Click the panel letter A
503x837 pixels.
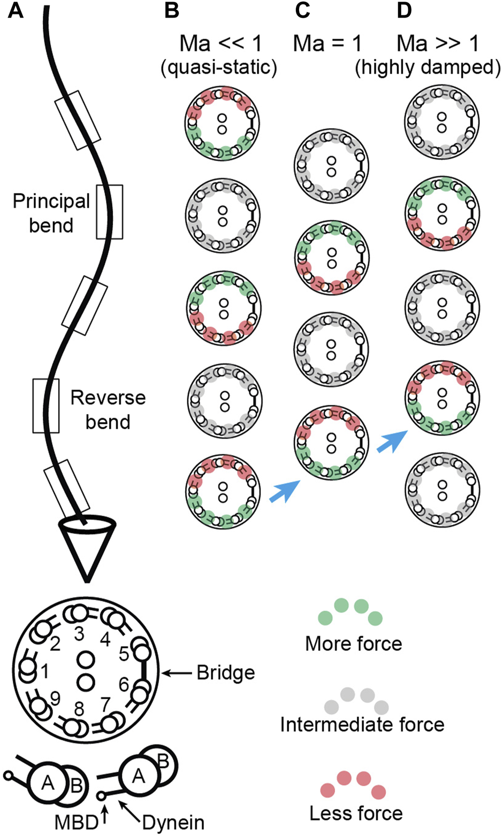coord(16,11)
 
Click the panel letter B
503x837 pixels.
coord(171,11)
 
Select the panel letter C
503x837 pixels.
coord(302,11)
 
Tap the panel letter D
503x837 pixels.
coord(405,11)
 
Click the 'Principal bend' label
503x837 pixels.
coord(51,213)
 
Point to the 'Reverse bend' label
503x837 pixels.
coord(108,409)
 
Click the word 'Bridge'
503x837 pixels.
coord(225,672)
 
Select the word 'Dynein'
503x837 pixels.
coord(173,822)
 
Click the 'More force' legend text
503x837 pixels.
coord(353,643)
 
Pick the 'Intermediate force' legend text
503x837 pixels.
coord(362,724)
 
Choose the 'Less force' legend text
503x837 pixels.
coord(356,812)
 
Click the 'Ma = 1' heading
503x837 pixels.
coord(327,43)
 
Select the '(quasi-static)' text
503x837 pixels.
coord(219,68)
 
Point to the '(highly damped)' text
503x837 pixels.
coord(428,68)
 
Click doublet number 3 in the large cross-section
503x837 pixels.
coord(80,634)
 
